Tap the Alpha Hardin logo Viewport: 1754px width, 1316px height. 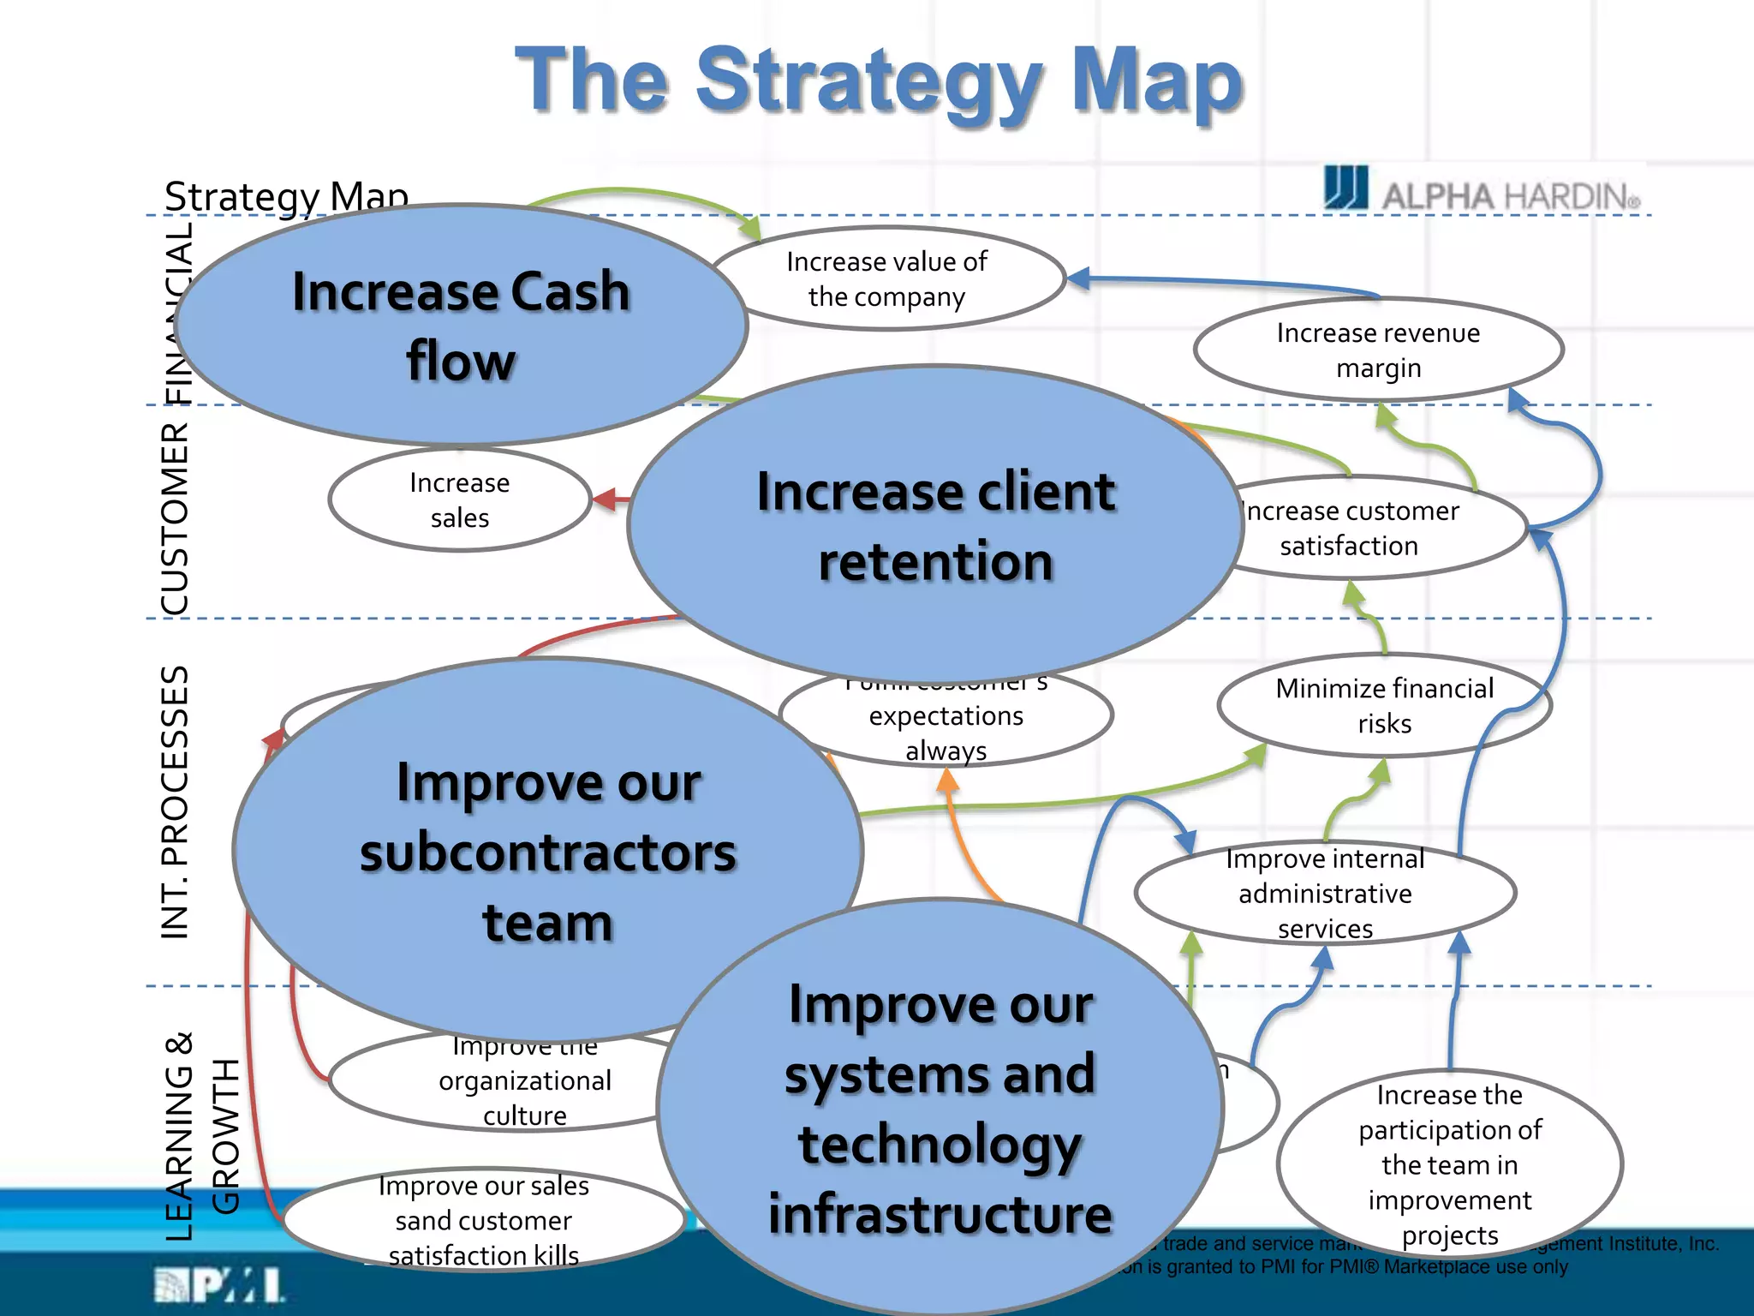point(1482,189)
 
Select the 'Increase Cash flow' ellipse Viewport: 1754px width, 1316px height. point(461,325)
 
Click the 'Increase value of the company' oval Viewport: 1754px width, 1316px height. point(886,278)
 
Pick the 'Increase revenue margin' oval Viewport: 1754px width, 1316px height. point(1378,350)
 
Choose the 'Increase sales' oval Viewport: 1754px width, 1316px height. point(460,499)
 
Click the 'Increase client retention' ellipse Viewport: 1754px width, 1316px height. point(935,525)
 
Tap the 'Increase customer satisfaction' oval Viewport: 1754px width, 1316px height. point(1370,528)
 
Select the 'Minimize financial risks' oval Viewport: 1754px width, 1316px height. point(1384,706)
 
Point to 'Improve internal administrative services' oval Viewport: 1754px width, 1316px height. point(1325,893)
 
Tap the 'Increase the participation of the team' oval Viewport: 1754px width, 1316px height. point(1449,1164)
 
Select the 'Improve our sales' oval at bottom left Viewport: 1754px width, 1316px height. point(483,1220)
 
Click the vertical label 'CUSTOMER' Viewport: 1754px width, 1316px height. point(176,518)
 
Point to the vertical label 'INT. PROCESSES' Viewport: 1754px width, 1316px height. point(176,802)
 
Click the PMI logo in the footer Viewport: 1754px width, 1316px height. point(219,1285)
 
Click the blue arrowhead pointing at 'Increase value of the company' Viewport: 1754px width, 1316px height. point(1078,278)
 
